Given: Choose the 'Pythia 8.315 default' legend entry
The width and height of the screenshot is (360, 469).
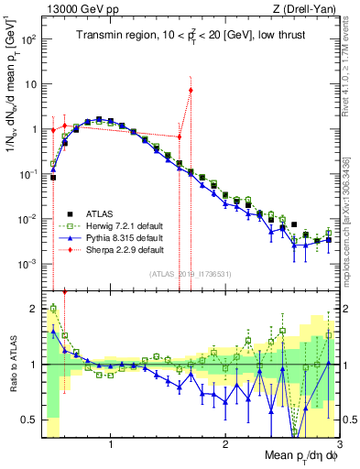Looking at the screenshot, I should coord(118,237).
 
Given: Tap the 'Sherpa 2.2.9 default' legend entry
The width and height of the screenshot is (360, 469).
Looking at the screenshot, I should coord(118,248).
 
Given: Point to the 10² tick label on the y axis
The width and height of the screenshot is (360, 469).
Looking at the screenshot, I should coord(30,40).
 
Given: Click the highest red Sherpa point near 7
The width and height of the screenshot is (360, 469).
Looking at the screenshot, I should coord(191,90).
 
